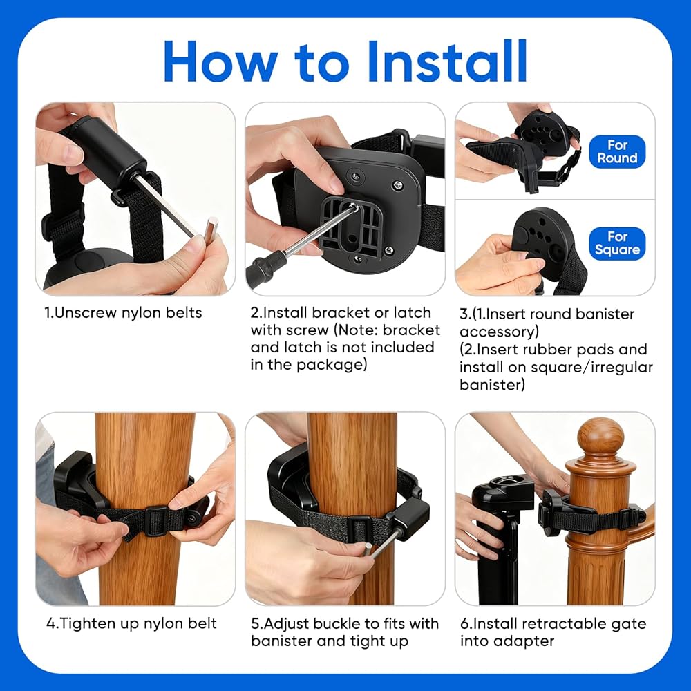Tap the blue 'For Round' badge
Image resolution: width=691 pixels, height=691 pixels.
(x=617, y=151)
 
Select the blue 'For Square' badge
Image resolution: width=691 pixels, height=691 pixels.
(x=617, y=243)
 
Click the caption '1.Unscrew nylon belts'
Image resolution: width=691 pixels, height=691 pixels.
(x=124, y=313)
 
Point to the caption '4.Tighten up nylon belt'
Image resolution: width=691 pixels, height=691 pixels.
(x=131, y=623)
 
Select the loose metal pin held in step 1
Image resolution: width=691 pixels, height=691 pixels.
(x=211, y=234)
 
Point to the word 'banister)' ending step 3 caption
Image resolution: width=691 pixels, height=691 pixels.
(x=492, y=385)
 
